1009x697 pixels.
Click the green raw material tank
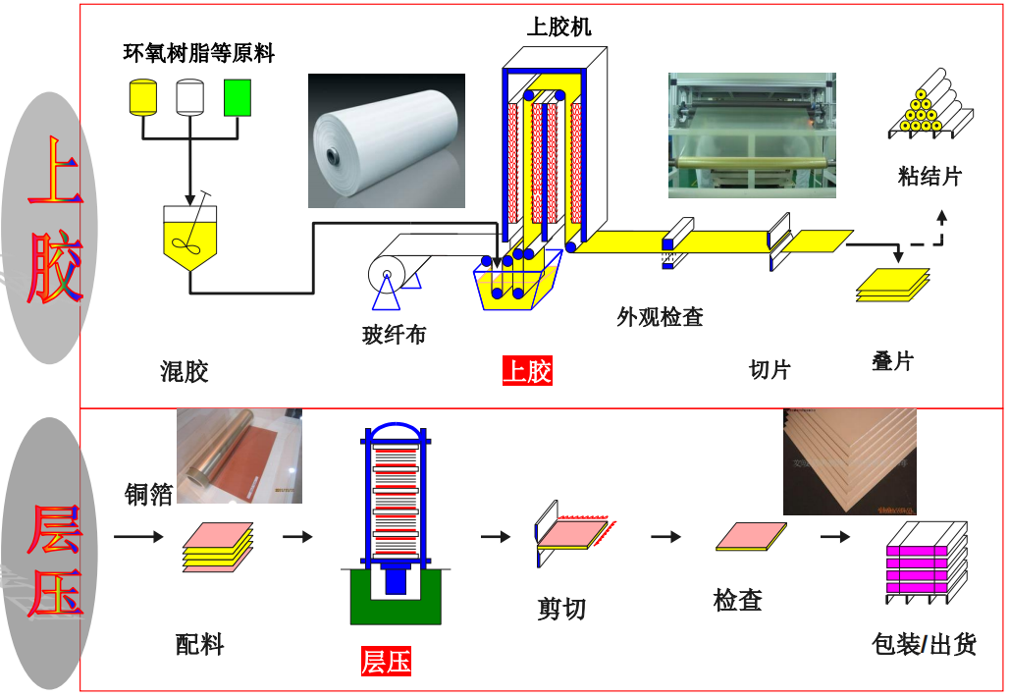click(238, 96)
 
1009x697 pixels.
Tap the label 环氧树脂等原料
click(198, 53)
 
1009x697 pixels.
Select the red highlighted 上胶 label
click(527, 370)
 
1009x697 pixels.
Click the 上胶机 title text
click(558, 27)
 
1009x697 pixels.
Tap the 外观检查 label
click(660, 317)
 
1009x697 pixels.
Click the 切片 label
click(770, 369)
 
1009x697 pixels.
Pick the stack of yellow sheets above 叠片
click(892, 284)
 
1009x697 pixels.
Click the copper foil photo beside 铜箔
click(239, 456)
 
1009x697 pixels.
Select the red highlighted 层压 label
click(386, 661)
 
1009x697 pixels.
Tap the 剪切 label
click(561, 609)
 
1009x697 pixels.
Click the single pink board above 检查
click(751, 537)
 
